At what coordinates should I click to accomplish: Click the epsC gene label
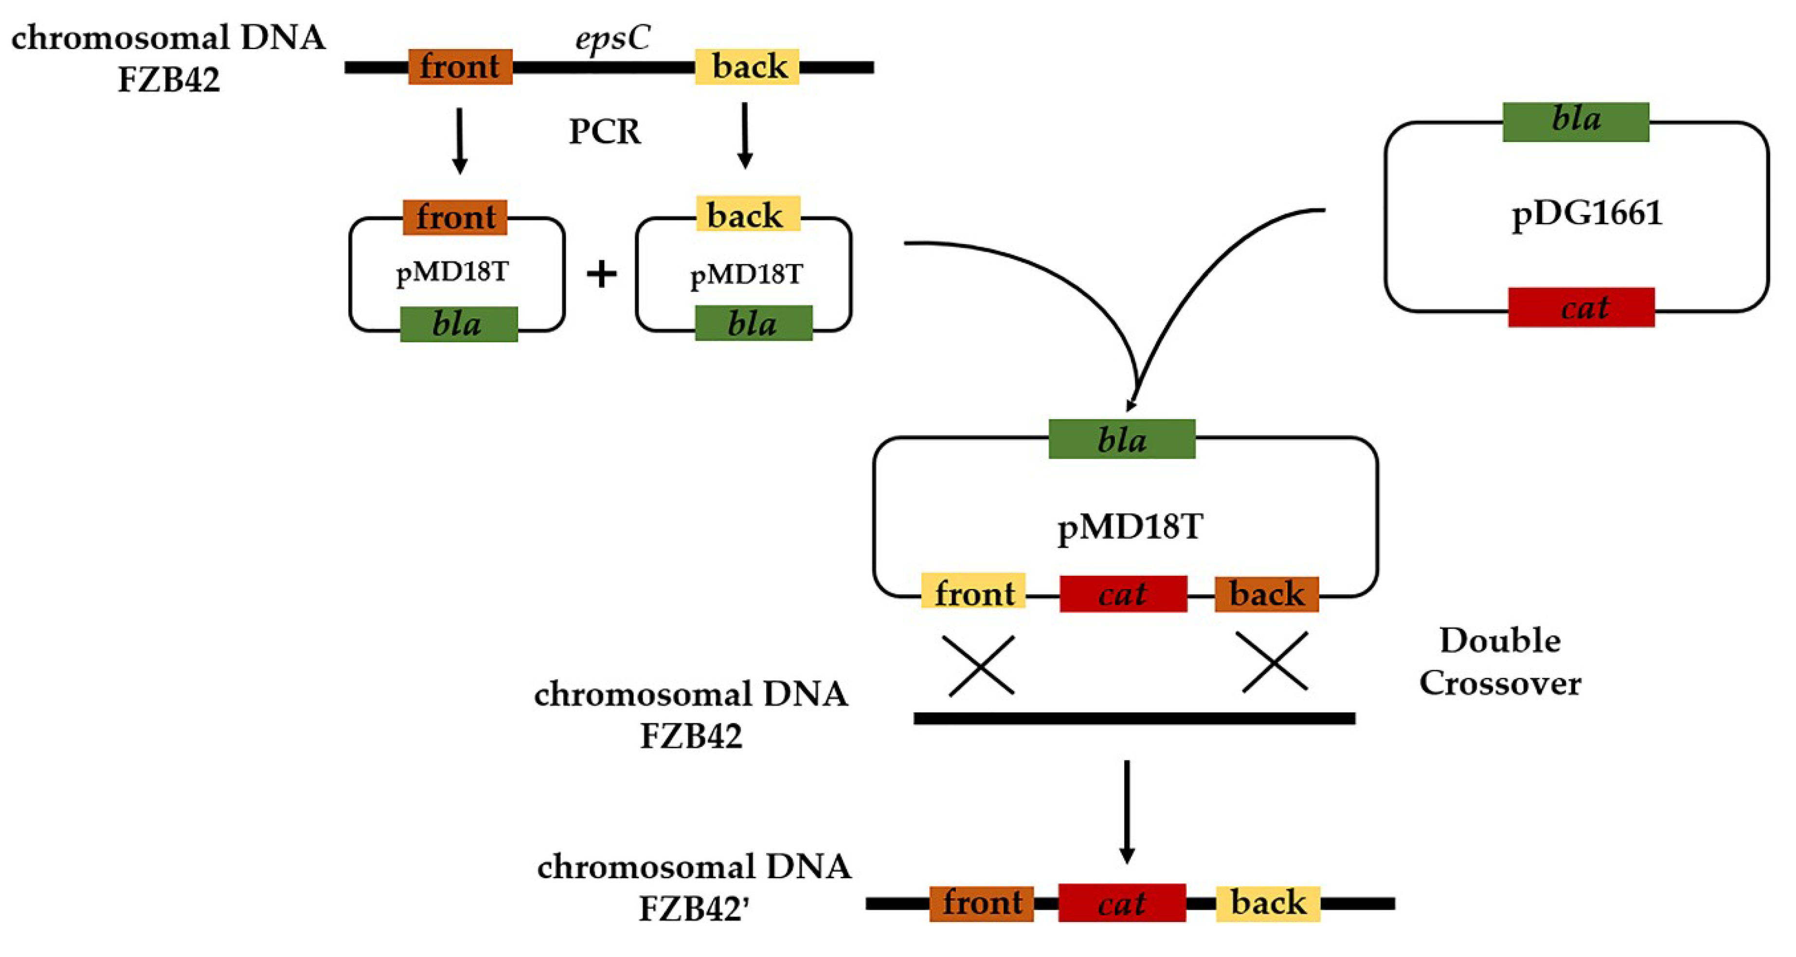[612, 38]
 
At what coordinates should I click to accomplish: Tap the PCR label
[605, 131]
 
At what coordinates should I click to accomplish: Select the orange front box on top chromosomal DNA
[460, 67]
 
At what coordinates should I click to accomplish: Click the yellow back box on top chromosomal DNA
[747, 67]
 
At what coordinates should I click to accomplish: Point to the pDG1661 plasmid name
[1586, 214]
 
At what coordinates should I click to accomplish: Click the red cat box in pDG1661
[1580, 307]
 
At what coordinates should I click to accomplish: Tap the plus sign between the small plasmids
[601, 274]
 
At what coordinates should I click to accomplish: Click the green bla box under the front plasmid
[458, 324]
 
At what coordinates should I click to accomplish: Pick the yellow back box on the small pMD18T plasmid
[747, 214]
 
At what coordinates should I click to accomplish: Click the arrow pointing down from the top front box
[459, 140]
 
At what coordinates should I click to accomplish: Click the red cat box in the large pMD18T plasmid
[1123, 594]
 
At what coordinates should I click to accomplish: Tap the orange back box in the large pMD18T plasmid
[1266, 594]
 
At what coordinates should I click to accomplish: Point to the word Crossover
[1500, 683]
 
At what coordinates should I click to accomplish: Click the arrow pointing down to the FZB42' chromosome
[1127, 812]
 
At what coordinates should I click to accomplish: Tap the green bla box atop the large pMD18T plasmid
[1121, 439]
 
